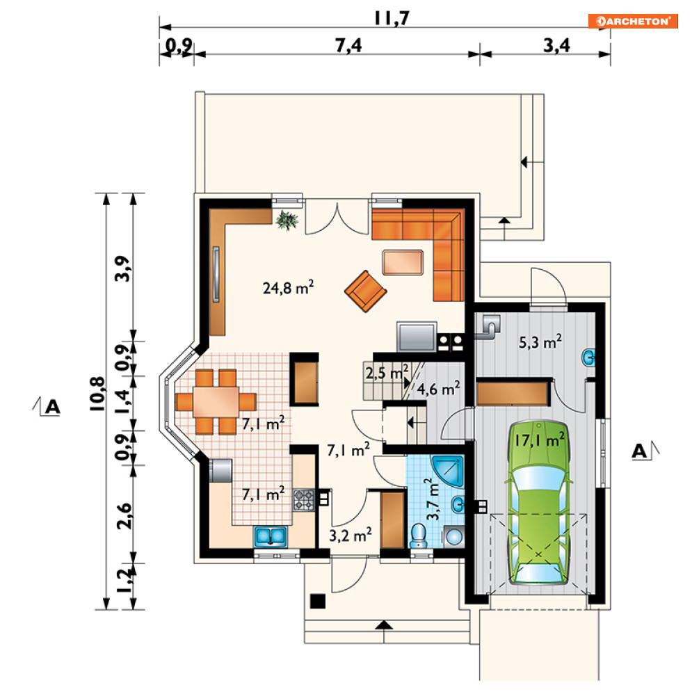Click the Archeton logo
[632, 21]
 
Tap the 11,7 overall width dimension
[392, 19]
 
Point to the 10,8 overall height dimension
[97, 394]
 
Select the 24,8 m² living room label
[288, 287]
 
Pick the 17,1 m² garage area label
[540, 440]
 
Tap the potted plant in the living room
[287, 220]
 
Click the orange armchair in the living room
[365, 291]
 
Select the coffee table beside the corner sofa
[403, 262]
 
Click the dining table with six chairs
[216, 401]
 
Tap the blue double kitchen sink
[270, 536]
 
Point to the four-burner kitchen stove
[304, 500]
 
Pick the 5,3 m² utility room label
[540, 342]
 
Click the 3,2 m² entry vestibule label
[351, 535]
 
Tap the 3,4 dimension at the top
[556, 45]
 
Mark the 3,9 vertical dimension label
[122, 268]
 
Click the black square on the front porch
[318, 601]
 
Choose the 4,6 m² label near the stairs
[438, 389]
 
